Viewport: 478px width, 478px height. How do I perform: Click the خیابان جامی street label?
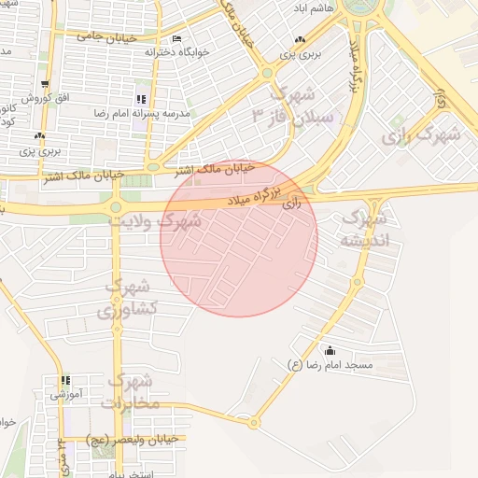point(105,37)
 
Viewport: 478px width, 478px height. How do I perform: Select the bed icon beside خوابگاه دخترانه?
point(177,39)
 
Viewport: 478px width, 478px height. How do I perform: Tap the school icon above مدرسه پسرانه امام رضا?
point(140,99)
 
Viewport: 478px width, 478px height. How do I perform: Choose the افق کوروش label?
point(42,98)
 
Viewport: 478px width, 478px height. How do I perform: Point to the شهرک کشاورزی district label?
point(135,296)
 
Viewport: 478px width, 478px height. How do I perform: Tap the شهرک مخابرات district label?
point(134,391)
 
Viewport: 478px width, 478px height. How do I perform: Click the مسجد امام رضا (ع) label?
point(330,365)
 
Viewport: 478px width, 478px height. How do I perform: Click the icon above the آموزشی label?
point(65,381)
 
